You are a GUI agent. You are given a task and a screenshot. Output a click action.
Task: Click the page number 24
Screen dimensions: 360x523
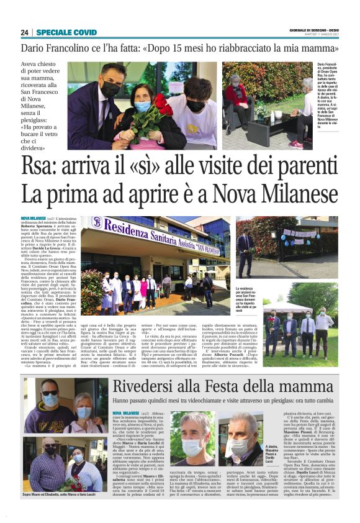[25, 32]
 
